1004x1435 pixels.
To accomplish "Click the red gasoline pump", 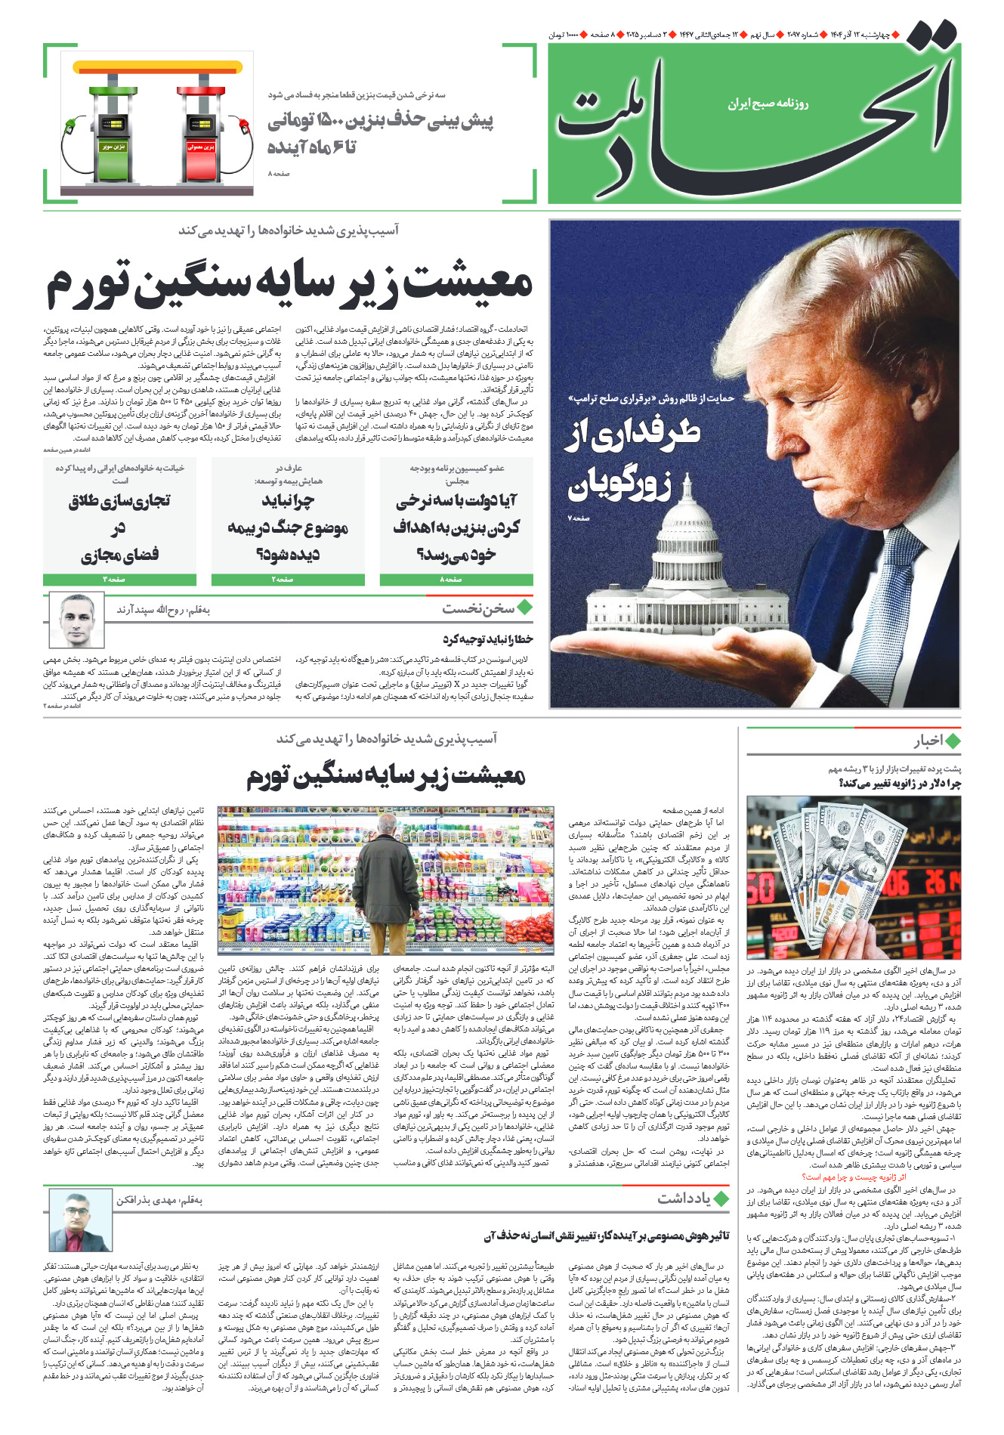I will click(x=202, y=128).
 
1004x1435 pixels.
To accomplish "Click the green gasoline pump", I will click(x=113, y=128).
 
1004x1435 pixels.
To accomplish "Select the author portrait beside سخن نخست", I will click(x=76, y=620).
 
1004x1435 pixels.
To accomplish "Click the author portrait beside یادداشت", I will click(x=80, y=1220).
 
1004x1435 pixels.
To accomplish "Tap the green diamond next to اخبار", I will click(x=953, y=741).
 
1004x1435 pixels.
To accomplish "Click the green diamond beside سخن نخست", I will click(x=524, y=608).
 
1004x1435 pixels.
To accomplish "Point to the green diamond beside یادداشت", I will click(x=721, y=1198).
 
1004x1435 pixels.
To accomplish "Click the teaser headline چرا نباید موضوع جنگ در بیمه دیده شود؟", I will click(x=288, y=527).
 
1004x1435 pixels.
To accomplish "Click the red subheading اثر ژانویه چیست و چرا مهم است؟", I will click(x=854, y=1177).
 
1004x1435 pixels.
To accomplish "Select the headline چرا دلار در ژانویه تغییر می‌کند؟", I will click(x=899, y=784).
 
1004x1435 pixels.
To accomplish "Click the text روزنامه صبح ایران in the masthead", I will click(x=768, y=104).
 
